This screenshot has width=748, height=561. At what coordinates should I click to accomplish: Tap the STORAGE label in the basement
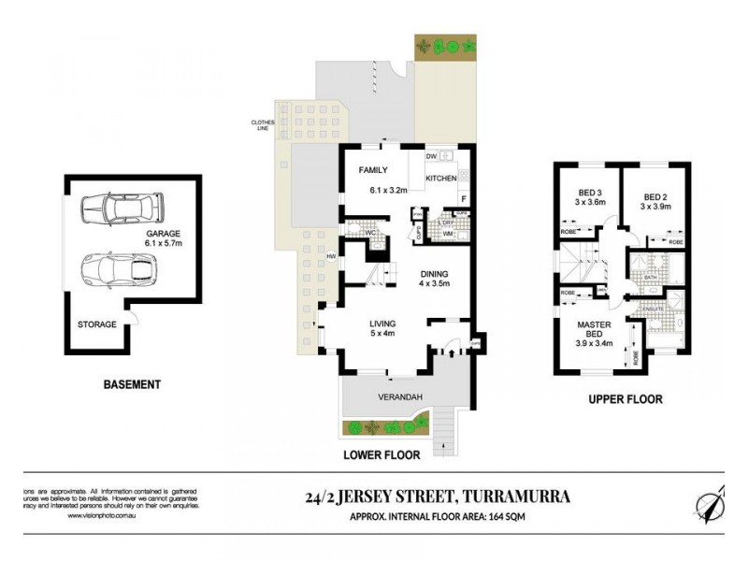(x=97, y=324)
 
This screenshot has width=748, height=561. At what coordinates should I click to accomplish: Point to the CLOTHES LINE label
(x=259, y=124)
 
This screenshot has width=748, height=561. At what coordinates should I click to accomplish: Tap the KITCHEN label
(x=441, y=178)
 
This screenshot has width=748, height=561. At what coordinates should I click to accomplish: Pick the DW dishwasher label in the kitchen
(x=432, y=156)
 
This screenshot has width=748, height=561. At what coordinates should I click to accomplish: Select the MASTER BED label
(x=593, y=329)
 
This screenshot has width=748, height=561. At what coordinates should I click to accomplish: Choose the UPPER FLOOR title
(x=625, y=399)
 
